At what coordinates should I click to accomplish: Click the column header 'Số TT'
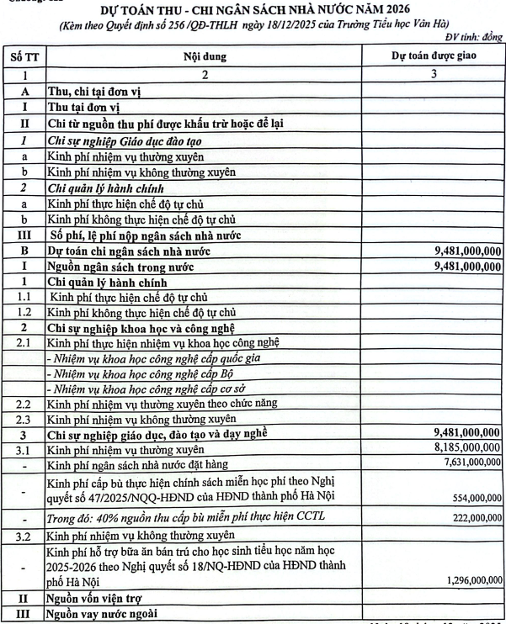[25, 57]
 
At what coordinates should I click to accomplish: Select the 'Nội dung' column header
[203, 57]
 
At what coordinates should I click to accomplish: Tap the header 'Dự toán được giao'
[434, 57]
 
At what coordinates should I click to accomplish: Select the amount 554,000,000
[475, 499]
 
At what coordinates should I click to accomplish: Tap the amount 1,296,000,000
[469, 580]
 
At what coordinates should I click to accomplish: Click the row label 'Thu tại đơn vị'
[85, 107]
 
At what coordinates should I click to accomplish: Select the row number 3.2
[25, 534]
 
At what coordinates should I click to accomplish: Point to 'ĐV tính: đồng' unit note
[471, 38]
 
